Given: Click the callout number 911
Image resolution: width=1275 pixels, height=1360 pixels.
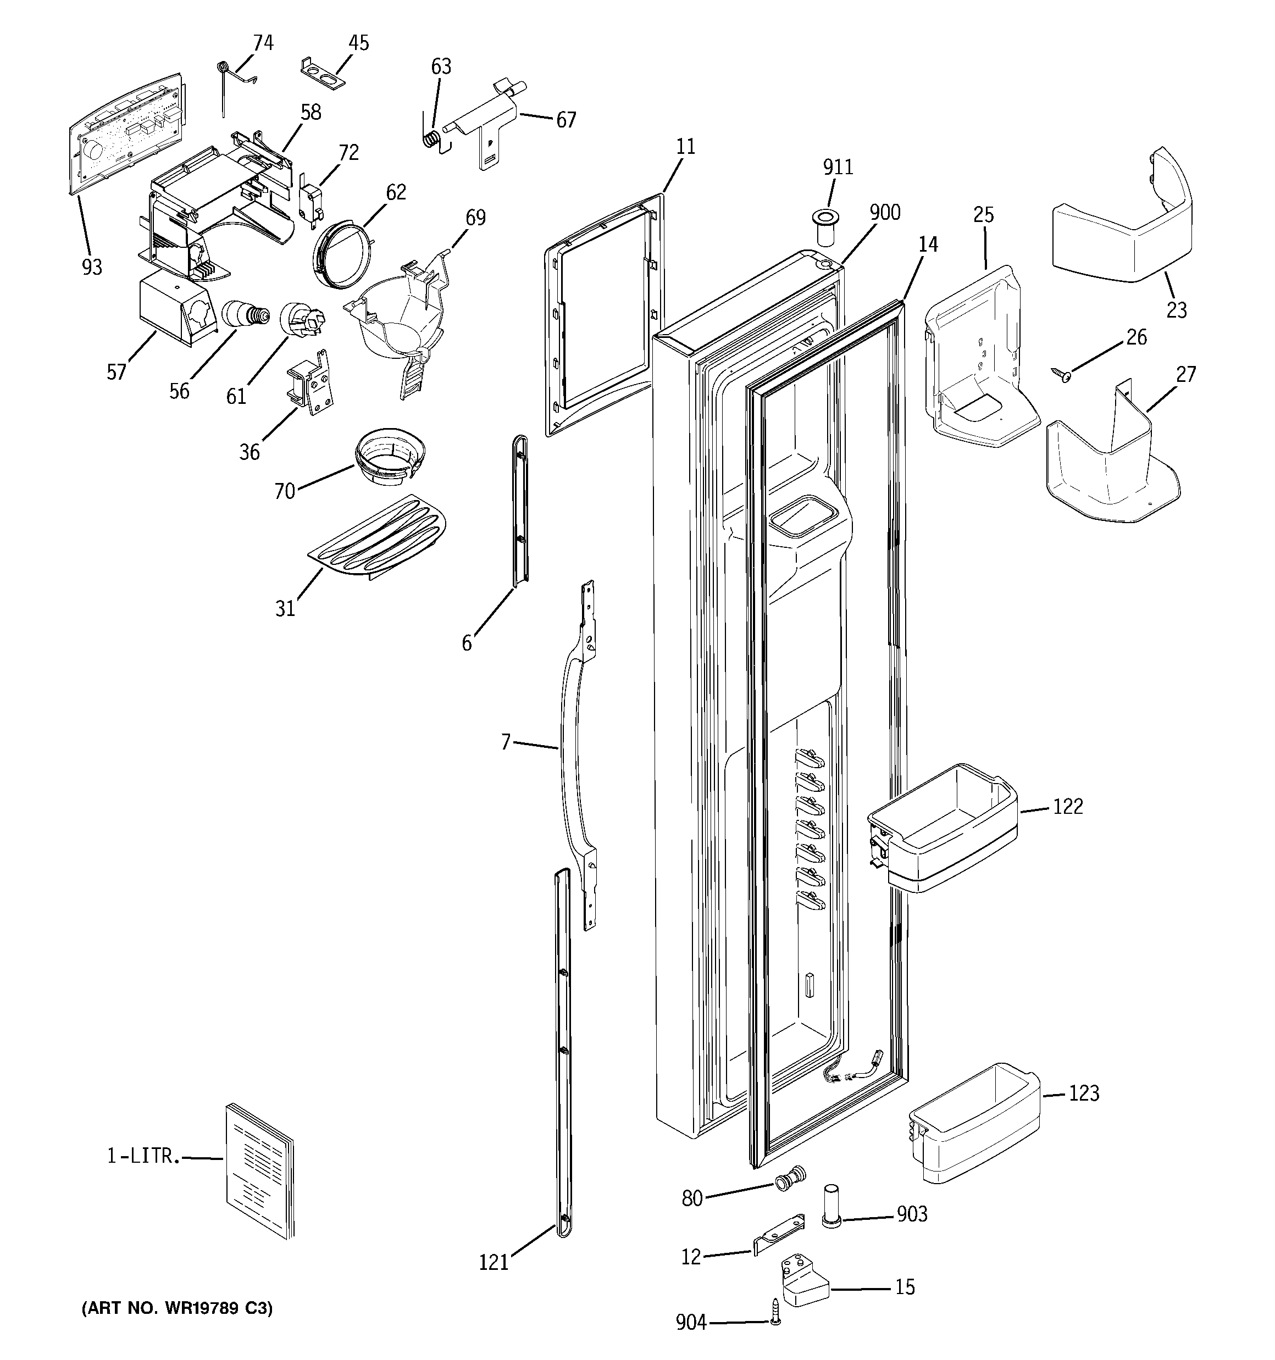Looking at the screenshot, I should point(838,167).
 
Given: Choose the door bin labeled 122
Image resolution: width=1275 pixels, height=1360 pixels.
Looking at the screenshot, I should point(942,827).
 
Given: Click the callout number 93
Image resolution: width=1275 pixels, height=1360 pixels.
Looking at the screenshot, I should point(92,267).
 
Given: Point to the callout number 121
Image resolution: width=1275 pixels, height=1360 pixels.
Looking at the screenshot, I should point(494,1262).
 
